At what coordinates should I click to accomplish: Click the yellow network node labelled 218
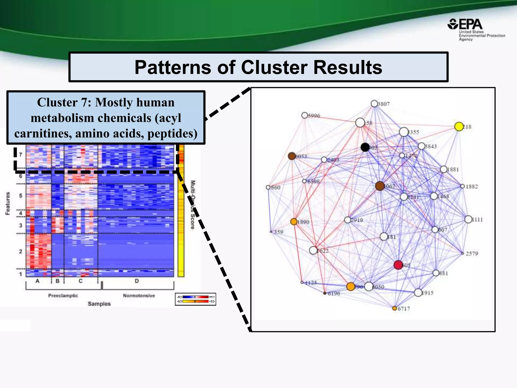click(459, 127)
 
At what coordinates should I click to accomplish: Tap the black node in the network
click(365, 147)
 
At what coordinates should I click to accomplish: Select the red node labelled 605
click(398, 265)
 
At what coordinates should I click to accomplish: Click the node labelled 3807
click(374, 104)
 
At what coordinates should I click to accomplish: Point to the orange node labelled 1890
click(294, 222)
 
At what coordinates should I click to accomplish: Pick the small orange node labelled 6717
click(395, 308)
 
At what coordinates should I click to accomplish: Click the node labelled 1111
click(468, 219)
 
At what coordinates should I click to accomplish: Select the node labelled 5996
click(305, 115)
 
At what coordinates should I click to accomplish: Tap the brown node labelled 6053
click(292, 156)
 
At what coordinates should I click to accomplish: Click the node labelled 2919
click(348, 220)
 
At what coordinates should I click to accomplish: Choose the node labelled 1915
click(418, 293)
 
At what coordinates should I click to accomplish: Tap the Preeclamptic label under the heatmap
click(63, 296)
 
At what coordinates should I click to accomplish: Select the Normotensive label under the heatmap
click(139, 296)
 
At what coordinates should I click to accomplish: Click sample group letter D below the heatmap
click(137, 281)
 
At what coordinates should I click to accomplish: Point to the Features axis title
click(8, 203)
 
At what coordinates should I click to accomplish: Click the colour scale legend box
click(195, 299)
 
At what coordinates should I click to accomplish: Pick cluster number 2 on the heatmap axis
click(21, 251)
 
